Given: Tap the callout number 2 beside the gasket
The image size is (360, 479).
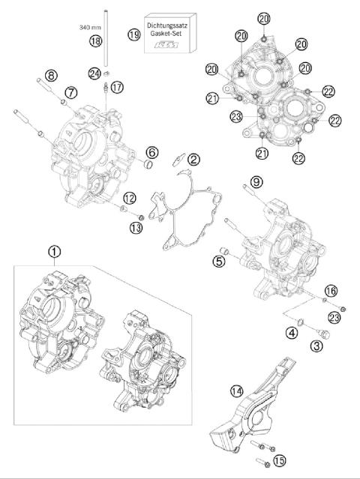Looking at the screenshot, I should point(193,159).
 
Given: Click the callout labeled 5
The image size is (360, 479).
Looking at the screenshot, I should point(219,261).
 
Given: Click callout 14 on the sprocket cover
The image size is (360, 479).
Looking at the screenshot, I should point(237,390).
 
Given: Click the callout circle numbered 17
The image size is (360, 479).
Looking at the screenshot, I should point(118,88).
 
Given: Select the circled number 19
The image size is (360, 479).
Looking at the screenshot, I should point(135,34).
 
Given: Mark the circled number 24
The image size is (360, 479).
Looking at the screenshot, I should point(94,73).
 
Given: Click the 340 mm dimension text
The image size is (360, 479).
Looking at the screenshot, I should point(89,26).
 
